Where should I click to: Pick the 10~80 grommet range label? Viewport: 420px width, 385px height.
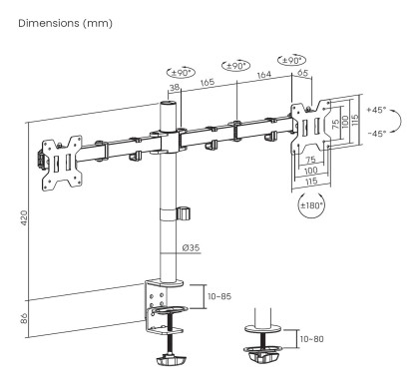(311, 340)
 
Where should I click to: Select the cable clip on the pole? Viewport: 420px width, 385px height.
(183, 214)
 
